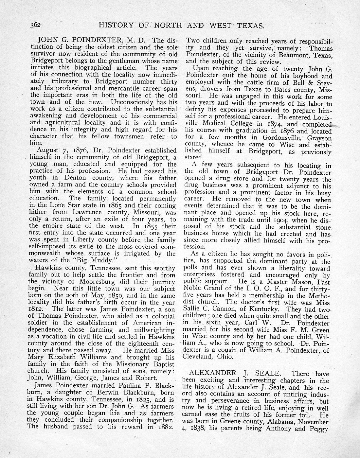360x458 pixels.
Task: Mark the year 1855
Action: (142, 226)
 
